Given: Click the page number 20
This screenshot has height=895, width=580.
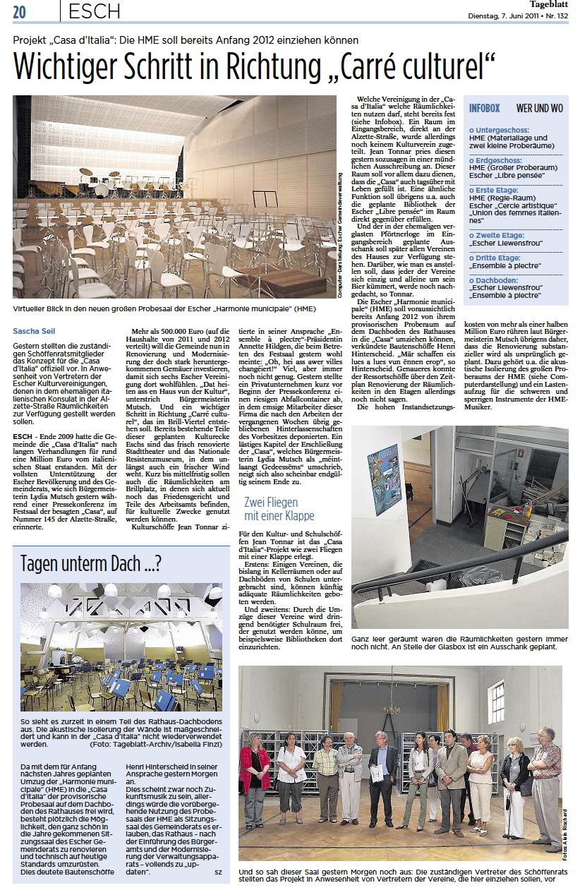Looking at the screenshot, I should (19, 11).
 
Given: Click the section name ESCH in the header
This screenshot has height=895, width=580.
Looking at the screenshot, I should (95, 11).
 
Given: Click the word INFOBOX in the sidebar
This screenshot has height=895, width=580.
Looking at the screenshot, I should (484, 109).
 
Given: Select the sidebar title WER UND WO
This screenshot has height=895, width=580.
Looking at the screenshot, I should (539, 109).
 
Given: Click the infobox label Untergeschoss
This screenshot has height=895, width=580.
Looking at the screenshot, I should (497, 131).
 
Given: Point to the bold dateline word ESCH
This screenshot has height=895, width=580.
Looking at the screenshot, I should (23, 436).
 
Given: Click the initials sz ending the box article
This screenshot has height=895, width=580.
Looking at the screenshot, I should (217, 872).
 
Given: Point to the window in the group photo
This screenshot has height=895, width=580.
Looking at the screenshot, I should (497, 703).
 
